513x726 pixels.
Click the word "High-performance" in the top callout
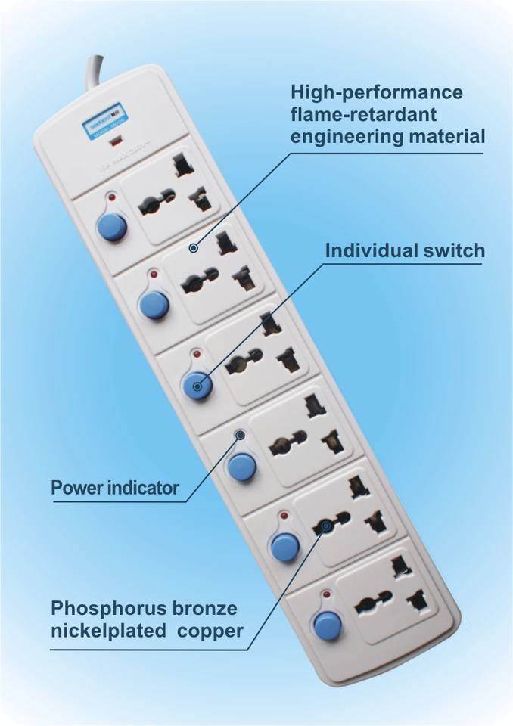coord(376,93)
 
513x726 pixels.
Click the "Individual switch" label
coord(405,250)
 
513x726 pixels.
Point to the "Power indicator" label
coord(115,488)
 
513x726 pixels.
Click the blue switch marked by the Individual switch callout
coord(197,386)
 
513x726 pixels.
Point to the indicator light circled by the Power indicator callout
coord(240,435)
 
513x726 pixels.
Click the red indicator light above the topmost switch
coord(113,197)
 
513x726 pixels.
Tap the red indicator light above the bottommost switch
coord(326,595)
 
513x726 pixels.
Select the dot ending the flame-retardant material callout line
coord(194,247)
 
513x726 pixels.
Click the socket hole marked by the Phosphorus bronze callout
coord(325,526)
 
